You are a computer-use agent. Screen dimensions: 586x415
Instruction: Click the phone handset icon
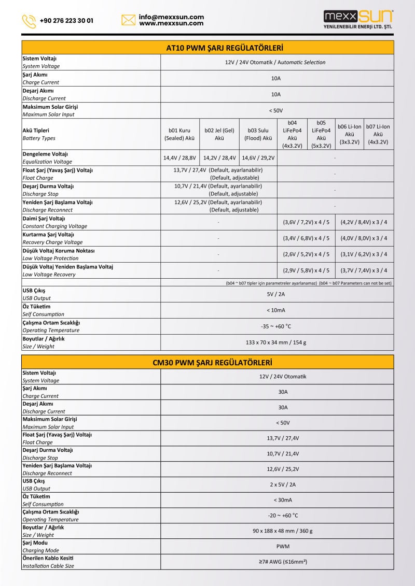click(x=29, y=21)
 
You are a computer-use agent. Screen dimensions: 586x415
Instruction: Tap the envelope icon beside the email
click(x=128, y=20)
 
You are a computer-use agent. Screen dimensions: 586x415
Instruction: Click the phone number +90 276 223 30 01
click(x=66, y=21)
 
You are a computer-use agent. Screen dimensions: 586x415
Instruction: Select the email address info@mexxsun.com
click(x=171, y=17)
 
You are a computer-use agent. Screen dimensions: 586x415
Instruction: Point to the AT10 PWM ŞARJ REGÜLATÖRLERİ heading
click(x=225, y=48)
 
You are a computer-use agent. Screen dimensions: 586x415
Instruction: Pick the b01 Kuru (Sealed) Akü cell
click(x=179, y=135)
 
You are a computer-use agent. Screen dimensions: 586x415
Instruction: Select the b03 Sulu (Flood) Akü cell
click(x=258, y=135)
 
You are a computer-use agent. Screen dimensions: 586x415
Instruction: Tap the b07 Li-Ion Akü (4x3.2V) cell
click(x=378, y=134)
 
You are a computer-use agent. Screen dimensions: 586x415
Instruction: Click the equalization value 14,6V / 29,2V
click(x=258, y=158)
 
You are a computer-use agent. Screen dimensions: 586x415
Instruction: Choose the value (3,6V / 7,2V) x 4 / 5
click(x=306, y=222)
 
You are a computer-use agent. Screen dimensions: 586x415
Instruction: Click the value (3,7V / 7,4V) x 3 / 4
click(x=364, y=270)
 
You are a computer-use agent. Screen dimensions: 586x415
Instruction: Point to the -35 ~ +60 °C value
click(x=276, y=326)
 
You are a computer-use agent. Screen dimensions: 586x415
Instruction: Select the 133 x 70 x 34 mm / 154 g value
click(x=276, y=342)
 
